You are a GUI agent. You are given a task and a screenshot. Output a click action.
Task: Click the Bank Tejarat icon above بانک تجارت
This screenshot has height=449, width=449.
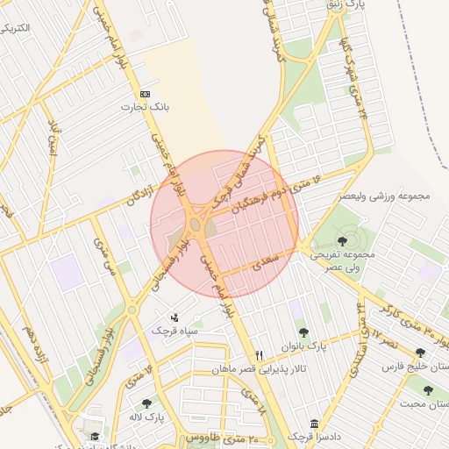[x=145, y=94]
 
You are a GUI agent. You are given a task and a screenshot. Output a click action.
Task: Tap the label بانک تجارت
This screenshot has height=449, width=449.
[x=145, y=106]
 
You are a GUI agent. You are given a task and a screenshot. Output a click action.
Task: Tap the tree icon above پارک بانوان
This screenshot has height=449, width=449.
[x=303, y=332]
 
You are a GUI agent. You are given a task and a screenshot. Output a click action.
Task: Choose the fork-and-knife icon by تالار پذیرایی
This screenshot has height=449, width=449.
[x=259, y=355]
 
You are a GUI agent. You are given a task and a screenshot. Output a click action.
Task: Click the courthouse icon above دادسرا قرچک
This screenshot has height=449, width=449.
[x=314, y=424]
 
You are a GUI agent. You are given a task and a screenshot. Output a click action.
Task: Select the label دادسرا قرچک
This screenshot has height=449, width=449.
[x=312, y=437]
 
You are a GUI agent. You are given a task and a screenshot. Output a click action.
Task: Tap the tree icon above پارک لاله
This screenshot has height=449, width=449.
[x=146, y=403]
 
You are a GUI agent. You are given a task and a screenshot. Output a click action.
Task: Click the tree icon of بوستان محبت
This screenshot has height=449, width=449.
[x=428, y=390]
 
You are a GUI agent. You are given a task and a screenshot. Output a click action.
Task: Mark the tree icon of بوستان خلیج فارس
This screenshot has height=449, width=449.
[x=420, y=353]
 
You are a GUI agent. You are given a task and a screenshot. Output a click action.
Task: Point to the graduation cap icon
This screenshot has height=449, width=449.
[x=94, y=436]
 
